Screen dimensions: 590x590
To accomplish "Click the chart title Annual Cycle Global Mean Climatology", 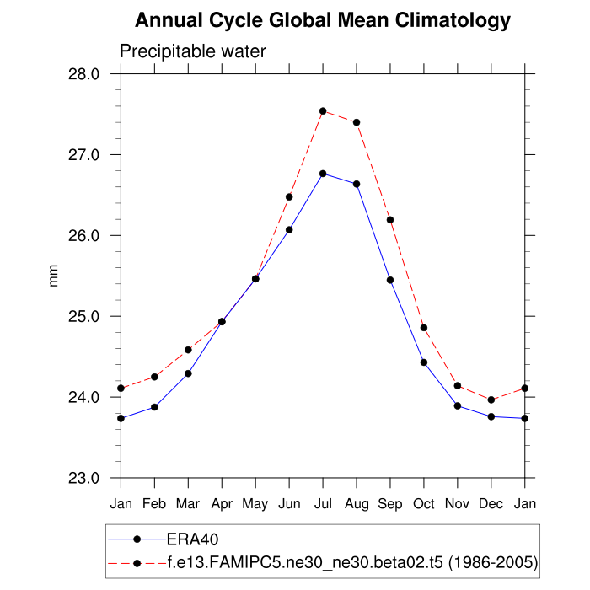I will pos(323,20).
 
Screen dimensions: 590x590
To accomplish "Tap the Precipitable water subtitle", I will pos(193,51).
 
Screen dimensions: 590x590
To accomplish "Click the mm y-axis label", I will pos(55,276).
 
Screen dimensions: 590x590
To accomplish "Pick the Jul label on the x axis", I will pos(323,503).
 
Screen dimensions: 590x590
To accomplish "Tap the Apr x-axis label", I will pos(222,503).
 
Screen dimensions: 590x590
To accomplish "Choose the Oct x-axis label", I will pos(424,503).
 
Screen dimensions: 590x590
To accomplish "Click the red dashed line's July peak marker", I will pos(323,111).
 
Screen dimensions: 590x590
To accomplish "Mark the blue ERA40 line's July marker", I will pos(323,174).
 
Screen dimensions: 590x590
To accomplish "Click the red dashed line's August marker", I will pos(357,122).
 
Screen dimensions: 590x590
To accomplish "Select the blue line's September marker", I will pos(390,280).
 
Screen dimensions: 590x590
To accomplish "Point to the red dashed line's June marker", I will pos(289,196).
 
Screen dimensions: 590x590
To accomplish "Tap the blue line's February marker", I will pos(154,407).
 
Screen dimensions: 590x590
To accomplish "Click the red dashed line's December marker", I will pos(491,400).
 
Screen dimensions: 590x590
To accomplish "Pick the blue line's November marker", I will pos(458,406).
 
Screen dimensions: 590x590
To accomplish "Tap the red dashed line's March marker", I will pos(188,350).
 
